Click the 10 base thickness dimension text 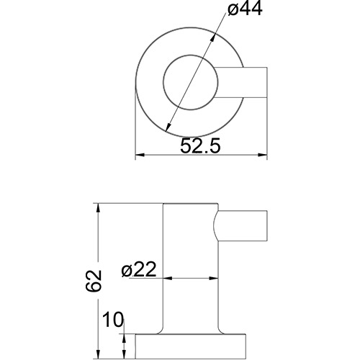coord(112,319)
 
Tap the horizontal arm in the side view coord(243,228)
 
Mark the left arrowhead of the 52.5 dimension coord(140,155)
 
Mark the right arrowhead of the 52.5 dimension coord(264,155)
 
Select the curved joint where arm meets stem coord(215,228)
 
